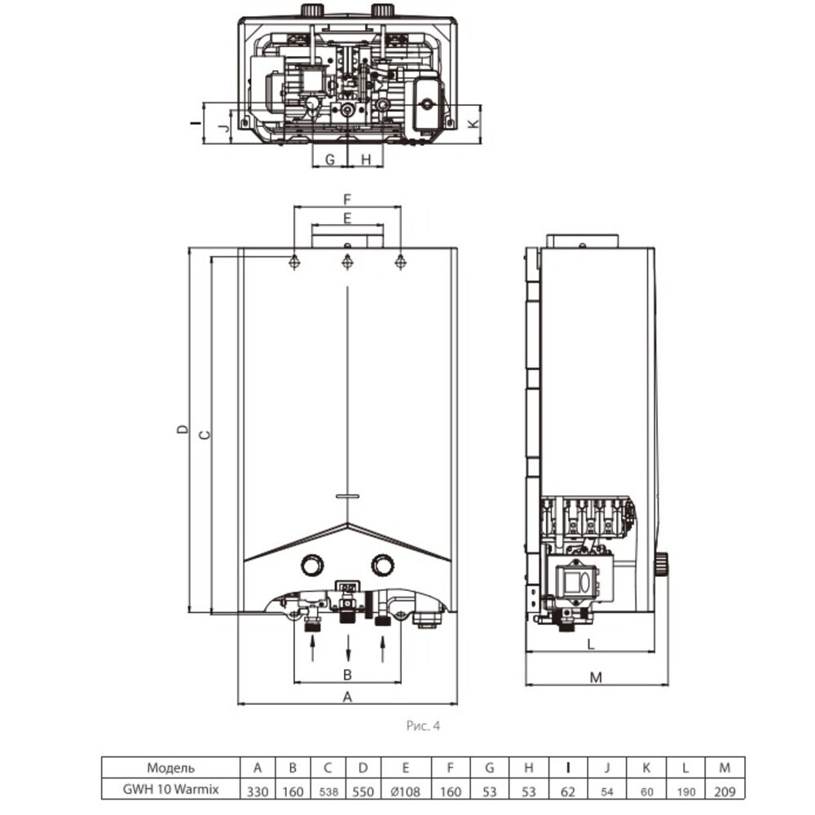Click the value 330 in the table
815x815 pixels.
[258, 791]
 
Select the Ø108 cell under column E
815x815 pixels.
[405, 791]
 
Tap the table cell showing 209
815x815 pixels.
[725, 791]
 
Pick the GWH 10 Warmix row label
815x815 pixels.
[170, 789]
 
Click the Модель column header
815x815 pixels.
[170, 768]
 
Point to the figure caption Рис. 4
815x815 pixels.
[423, 725]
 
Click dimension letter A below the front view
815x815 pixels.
[348, 697]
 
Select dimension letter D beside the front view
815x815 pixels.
[183, 430]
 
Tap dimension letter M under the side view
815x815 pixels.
[597, 677]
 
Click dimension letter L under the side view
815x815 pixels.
[591, 645]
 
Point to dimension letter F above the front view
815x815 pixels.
[347, 199]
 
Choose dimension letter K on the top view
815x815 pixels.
[473, 124]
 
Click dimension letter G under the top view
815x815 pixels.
[329, 160]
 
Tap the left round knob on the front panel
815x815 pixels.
[312, 565]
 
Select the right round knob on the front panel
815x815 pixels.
[382, 565]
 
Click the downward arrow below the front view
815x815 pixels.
[348, 648]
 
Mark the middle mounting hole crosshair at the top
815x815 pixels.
[347, 262]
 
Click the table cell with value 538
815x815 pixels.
[328, 792]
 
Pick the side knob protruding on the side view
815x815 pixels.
[661, 565]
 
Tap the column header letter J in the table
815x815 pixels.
[607, 768]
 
